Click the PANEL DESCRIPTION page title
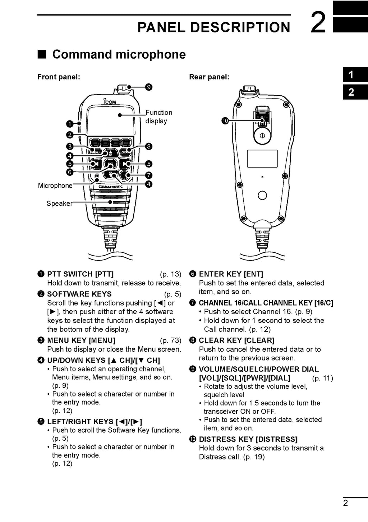(213, 27)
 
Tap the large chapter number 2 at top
(318, 23)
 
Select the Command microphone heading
(119, 54)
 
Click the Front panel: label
(59, 77)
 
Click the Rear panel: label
(209, 77)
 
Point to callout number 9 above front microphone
(149, 87)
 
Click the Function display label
(158, 117)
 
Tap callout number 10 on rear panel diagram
(225, 121)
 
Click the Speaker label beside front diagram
(59, 203)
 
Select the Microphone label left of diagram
(55, 186)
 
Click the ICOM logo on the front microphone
(110, 102)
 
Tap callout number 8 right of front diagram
(149, 146)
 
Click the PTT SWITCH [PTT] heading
(80, 274)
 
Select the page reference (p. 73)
(170, 340)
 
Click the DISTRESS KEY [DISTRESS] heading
(248, 439)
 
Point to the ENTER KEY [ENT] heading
(231, 274)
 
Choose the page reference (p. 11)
(322, 378)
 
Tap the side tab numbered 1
(351, 75)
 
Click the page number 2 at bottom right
(345, 503)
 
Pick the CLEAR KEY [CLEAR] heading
(236, 340)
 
